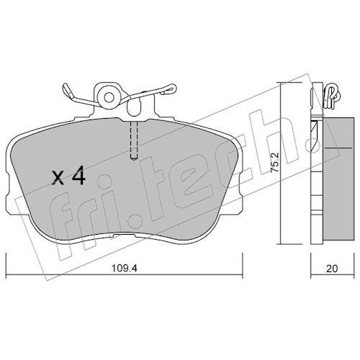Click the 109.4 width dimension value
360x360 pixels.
125,269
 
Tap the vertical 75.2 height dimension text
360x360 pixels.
274,162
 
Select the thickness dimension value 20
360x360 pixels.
332,269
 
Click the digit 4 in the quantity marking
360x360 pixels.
78,176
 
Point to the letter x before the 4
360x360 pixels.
58,178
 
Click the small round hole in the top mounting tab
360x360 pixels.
109,97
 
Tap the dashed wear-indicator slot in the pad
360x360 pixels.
134,140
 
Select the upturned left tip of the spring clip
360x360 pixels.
66,89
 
